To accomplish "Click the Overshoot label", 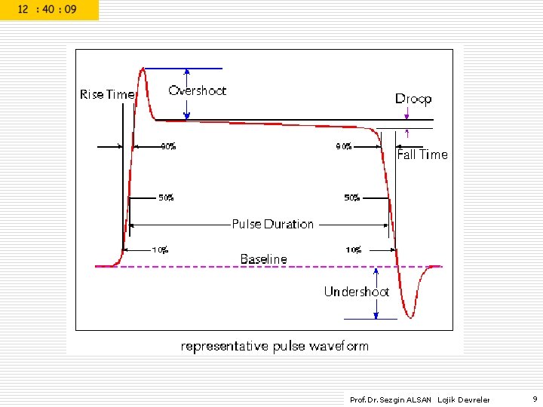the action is tap(197, 90).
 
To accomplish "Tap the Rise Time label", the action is tap(107, 94).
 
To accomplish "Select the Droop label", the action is tap(413, 99).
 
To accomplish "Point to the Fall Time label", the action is tap(422, 155).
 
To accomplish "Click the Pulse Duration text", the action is tap(272, 224).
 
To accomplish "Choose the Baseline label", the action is tap(263, 259).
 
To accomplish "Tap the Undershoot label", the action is tap(356, 292).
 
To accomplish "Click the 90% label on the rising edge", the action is tap(168, 147).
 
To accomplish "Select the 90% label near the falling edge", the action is tap(344, 147).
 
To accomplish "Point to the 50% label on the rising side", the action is tap(166, 198).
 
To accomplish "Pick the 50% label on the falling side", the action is tap(352, 198).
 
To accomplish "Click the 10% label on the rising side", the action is tap(160, 250).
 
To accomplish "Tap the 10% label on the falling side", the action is tap(354, 250).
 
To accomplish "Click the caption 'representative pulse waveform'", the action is tap(275, 346).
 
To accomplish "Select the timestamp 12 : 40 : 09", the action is tap(48, 10).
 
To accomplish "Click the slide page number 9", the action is tap(534, 399).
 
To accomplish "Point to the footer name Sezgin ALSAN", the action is tap(407, 399).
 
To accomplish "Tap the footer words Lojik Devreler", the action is tap(464, 399).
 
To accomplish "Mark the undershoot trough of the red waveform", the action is tap(410, 317).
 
